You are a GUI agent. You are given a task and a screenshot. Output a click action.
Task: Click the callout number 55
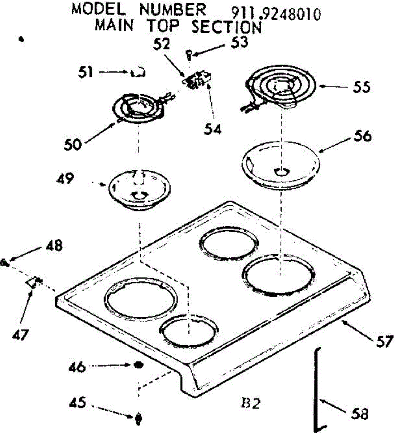click(361, 87)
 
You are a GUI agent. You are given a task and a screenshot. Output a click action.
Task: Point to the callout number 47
click(21, 336)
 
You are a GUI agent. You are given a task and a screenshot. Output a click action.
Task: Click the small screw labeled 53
click(188, 54)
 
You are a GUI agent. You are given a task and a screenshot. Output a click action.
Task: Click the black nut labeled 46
click(138, 365)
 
